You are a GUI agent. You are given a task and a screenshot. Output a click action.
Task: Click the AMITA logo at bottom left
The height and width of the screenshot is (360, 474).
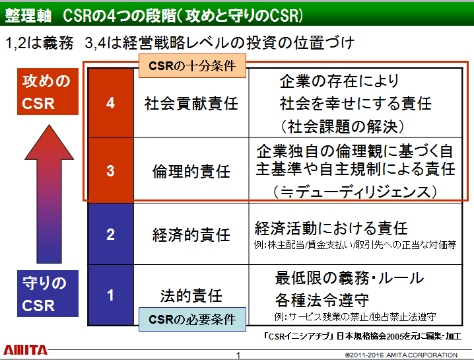[25, 350]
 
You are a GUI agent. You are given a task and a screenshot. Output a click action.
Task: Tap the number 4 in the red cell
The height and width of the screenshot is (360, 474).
[110, 103]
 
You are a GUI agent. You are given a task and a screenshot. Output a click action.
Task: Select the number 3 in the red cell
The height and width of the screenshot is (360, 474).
[110, 171]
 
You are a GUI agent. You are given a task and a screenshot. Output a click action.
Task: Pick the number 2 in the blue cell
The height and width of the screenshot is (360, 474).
[110, 234]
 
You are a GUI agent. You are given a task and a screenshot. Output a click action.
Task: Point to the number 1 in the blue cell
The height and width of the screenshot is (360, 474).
[110, 295]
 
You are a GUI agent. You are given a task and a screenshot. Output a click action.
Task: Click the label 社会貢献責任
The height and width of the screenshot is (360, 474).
[191, 104]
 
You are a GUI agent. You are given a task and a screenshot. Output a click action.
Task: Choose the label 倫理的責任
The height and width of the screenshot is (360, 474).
[191, 172]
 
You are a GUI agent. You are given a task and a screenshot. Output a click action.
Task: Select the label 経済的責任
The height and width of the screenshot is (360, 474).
[191, 235]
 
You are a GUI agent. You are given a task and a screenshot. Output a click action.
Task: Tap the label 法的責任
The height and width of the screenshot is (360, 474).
[191, 295]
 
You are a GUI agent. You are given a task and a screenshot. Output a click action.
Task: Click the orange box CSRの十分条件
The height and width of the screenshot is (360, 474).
[192, 65]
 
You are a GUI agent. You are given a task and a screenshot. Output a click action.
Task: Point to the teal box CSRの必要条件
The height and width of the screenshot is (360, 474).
[192, 319]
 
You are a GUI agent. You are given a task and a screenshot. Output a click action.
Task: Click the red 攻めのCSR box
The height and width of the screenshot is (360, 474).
[48, 91]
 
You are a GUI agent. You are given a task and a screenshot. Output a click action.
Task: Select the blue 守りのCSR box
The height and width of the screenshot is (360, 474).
[48, 293]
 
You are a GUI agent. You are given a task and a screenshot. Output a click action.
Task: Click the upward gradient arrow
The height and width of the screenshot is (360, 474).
[49, 194]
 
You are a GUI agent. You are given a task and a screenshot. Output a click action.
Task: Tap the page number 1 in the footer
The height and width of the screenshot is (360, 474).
[238, 355]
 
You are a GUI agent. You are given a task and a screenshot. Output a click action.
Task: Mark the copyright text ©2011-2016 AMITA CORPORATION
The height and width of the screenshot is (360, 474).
[401, 355]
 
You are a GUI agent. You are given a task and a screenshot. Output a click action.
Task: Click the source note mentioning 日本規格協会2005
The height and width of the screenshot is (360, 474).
[362, 336]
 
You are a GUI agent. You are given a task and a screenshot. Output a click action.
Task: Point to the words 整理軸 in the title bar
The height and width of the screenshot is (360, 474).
[28, 15]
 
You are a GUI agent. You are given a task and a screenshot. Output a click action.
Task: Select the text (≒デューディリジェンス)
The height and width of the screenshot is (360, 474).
[355, 192]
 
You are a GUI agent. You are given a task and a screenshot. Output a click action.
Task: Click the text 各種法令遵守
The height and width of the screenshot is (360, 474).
[322, 300]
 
